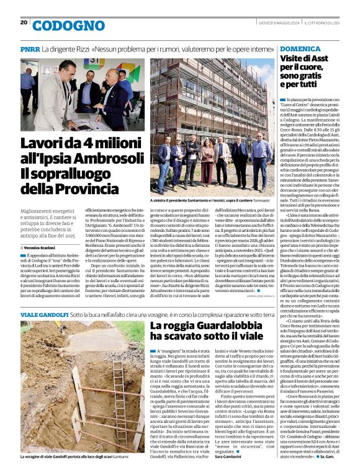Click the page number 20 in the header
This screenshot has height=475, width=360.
click(x=24, y=22)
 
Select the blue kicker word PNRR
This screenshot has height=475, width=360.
click(x=30, y=48)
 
